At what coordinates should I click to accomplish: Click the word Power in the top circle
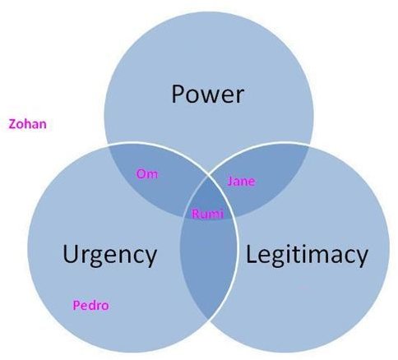pyautogui.click(x=207, y=94)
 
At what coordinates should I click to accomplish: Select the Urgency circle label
pyautogui.click(x=109, y=256)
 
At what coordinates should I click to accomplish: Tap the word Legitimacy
pyautogui.click(x=307, y=255)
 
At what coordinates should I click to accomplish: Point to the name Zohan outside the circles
pyautogui.click(x=27, y=124)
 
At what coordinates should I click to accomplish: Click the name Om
pyautogui.click(x=147, y=173)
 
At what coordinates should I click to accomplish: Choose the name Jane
pyautogui.click(x=241, y=181)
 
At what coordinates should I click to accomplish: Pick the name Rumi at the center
pyautogui.click(x=207, y=214)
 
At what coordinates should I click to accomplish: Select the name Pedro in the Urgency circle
pyautogui.click(x=90, y=305)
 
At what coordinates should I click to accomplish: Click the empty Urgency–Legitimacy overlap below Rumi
pyautogui.click(x=208, y=263)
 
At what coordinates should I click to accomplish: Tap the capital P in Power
pyautogui.click(x=178, y=94)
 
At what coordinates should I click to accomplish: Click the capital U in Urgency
pyautogui.click(x=70, y=254)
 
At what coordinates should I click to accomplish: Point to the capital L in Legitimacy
pyautogui.click(x=251, y=253)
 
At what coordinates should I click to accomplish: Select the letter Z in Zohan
pyautogui.click(x=13, y=124)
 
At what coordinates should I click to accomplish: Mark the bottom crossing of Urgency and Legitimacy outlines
pyautogui.click(x=208, y=320)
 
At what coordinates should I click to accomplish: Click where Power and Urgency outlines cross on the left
pyautogui.click(x=107, y=145)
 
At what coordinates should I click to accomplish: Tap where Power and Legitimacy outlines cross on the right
pyautogui.click(x=310, y=145)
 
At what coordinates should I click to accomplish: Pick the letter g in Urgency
pyautogui.click(x=97, y=258)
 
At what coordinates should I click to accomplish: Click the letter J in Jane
pyautogui.click(x=230, y=182)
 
